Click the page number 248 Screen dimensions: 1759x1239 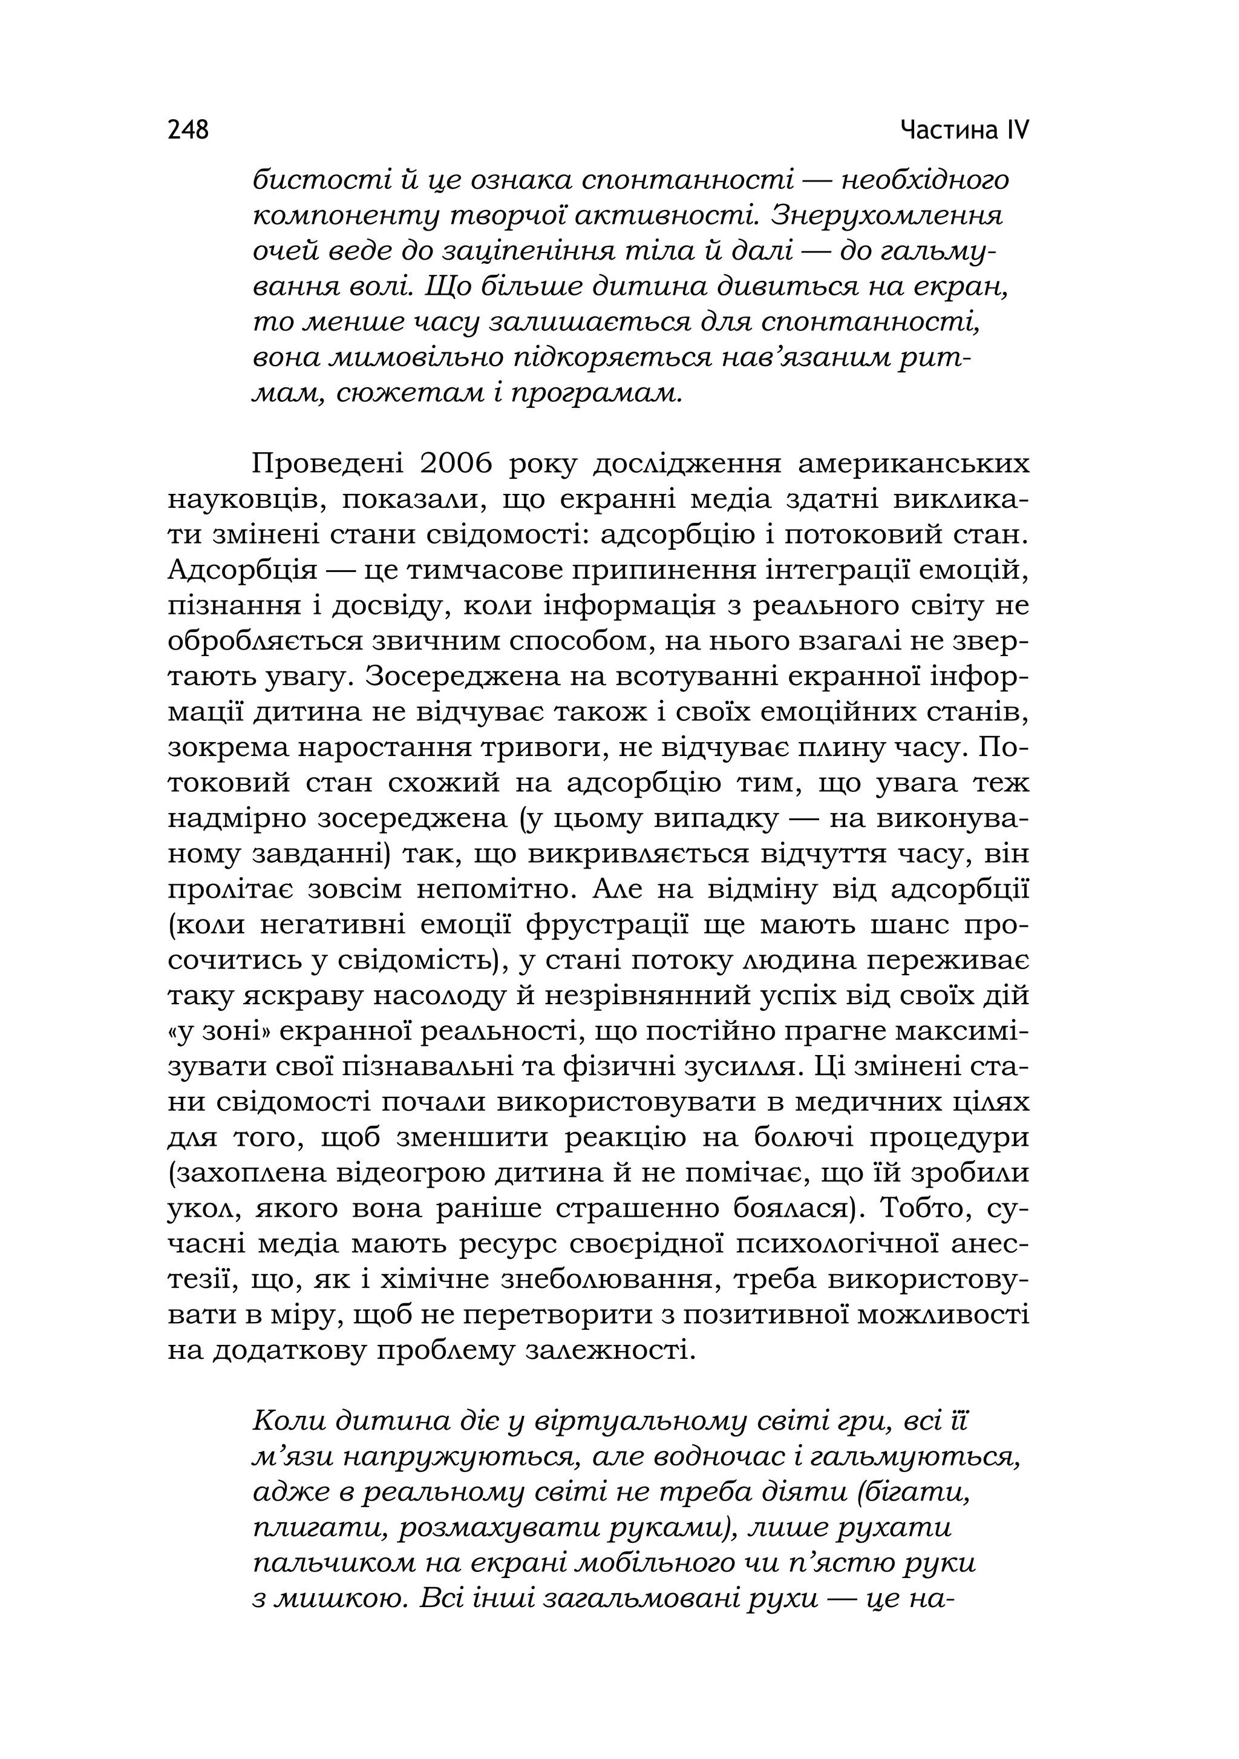tap(188, 130)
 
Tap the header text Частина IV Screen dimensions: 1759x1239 tap(964, 130)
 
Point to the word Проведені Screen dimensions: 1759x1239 tap(327, 464)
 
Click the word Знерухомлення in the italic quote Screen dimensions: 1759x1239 tap(886, 216)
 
